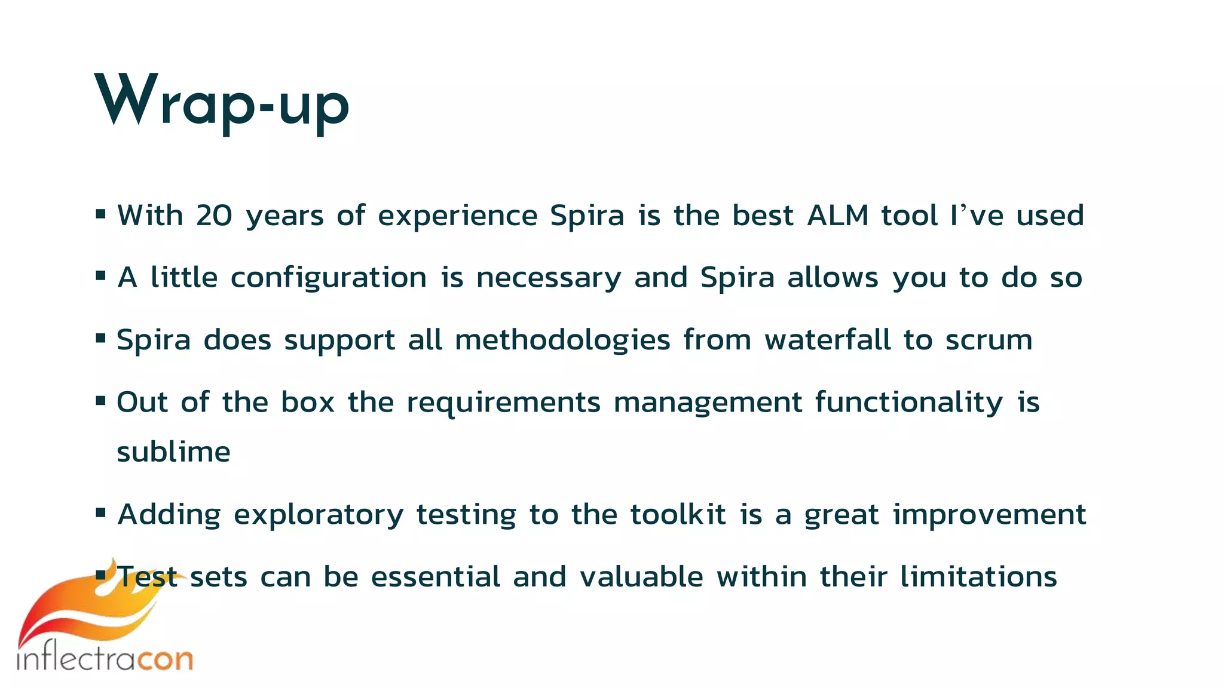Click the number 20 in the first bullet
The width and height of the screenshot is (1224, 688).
(x=214, y=216)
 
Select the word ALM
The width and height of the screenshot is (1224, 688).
(x=837, y=216)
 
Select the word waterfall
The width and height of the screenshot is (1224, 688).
(x=827, y=340)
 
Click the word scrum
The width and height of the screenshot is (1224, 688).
(x=989, y=340)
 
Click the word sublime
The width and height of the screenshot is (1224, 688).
(x=173, y=452)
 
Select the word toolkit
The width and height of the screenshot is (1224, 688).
(x=678, y=515)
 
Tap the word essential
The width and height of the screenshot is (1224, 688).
(x=436, y=577)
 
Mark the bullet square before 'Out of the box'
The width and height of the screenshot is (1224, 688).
(x=100, y=400)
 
